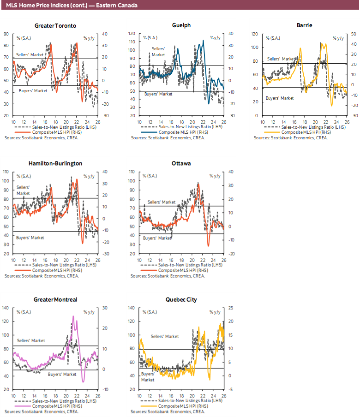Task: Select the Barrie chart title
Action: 305,25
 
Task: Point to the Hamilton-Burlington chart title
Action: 55,163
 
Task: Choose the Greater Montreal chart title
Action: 55,299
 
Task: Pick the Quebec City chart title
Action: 181,299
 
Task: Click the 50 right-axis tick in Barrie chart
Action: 353,34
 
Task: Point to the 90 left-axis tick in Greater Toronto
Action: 7,34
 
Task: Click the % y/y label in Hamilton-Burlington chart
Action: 89,176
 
